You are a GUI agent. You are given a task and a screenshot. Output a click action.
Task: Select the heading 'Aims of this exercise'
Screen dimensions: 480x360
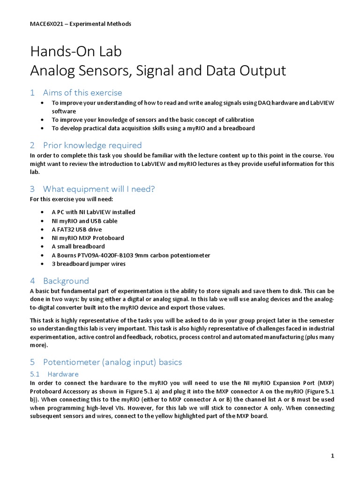[x=82, y=92]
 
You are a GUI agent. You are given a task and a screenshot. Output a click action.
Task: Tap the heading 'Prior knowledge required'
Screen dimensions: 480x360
[x=92, y=145]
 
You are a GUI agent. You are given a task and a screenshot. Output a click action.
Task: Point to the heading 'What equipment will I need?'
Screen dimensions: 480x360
[x=98, y=189]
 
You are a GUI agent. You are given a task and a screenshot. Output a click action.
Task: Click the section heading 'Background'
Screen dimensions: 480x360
[x=66, y=281]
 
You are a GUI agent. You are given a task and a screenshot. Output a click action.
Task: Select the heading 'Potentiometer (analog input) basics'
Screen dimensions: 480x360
[x=112, y=362]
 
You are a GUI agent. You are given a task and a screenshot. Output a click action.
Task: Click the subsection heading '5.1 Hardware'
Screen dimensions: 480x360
[x=63, y=374]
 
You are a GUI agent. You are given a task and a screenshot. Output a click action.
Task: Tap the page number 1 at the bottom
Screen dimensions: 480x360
[x=332, y=456]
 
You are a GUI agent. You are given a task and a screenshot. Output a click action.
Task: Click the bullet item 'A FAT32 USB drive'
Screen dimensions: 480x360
[x=78, y=229]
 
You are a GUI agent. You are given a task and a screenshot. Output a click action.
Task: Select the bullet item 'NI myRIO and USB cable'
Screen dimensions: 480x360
[x=84, y=221]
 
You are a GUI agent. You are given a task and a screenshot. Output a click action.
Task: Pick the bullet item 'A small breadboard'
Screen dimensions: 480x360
[x=78, y=246]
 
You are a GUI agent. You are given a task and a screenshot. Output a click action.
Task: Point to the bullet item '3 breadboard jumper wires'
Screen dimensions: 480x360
[x=89, y=263]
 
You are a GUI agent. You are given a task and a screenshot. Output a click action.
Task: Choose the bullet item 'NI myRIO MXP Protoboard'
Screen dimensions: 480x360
[x=88, y=238]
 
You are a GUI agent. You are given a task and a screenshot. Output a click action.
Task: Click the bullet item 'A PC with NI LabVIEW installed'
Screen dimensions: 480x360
[x=93, y=212]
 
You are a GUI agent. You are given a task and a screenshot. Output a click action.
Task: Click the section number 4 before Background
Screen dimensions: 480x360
[x=32, y=281]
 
